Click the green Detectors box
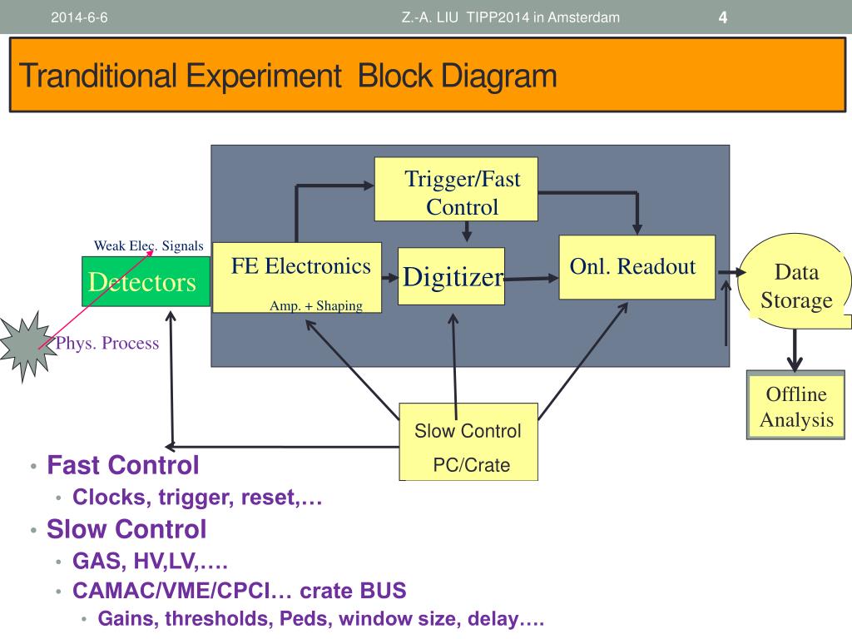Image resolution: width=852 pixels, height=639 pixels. [x=146, y=281]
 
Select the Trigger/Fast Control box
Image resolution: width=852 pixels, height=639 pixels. [x=456, y=189]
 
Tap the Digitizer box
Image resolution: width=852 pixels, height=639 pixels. [x=451, y=276]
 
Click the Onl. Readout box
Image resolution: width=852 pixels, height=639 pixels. [x=637, y=267]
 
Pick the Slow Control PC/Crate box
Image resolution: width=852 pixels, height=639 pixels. [x=468, y=442]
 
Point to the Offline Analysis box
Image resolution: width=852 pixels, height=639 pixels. [x=795, y=405]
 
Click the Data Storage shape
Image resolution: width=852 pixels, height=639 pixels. [x=795, y=281]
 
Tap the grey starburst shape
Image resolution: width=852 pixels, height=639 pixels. [x=26, y=347]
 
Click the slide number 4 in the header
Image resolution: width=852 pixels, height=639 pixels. [x=723, y=17]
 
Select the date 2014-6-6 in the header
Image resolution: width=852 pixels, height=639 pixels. [x=79, y=17]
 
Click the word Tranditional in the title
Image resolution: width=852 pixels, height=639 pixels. [x=98, y=76]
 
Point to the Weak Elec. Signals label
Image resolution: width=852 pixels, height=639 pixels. [x=148, y=245]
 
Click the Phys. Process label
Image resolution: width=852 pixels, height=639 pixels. [x=107, y=343]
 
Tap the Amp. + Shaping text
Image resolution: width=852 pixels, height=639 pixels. [x=315, y=305]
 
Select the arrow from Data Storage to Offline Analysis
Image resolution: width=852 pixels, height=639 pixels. [x=795, y=350]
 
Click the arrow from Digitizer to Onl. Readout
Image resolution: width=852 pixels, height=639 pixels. [x=532, y=279]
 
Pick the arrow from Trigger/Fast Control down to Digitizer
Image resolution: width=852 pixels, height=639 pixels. [x=466, y=231]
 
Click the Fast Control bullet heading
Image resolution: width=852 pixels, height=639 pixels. [x=123, y=465]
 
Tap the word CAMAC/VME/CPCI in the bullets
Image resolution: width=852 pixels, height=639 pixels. [x=171, y=591]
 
